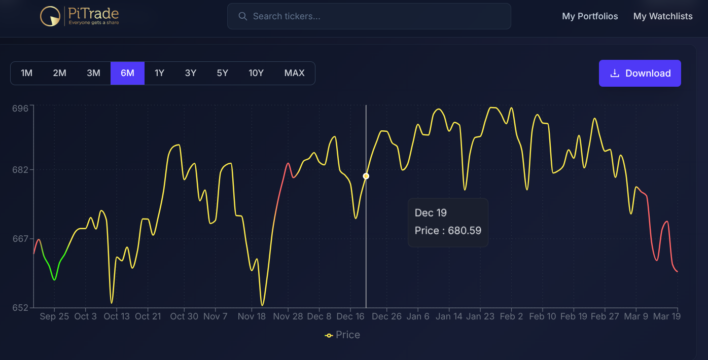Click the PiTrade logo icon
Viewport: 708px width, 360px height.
click(x=50, y=16)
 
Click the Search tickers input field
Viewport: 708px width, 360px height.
click(x=369, y=16)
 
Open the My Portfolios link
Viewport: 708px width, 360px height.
click(x=590, y=16)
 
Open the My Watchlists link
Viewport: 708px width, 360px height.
click(x=663, y=16)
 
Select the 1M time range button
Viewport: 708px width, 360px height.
click(x=27, y=73)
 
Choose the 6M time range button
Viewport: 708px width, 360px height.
click(x=127, y=73)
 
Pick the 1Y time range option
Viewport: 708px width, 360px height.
click(x=159, y=73)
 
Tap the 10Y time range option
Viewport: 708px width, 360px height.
click(x=256, y=73)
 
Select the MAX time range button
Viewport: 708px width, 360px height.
click(x=294, y=73)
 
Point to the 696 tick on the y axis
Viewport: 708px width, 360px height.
click(x=20, y=108)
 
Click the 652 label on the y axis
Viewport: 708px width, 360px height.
click(x=20, y=307)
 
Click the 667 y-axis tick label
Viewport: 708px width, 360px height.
click(x=20, y=239)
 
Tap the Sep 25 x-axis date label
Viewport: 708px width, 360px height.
click(x=54, y=316)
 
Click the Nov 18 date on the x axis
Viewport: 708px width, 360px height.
click(x=252, y=316)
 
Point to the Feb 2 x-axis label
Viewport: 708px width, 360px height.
click(x=511, y=316)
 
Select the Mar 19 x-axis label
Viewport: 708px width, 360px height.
click(x=667, y=316)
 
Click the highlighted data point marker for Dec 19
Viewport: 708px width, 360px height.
click(x=366, y=176)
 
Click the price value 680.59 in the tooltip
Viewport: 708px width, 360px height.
click(x=464, y=231)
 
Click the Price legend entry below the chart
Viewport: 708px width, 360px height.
click(x=343, y=335)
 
